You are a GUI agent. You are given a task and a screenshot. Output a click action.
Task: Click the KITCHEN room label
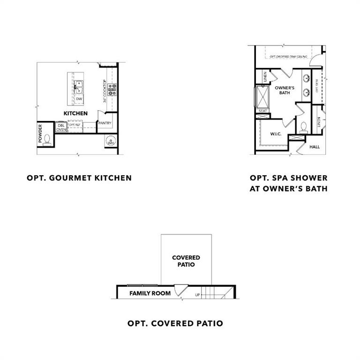[x=75, y=113]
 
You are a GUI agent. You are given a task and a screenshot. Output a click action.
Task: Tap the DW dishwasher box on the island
[x=79, y=99]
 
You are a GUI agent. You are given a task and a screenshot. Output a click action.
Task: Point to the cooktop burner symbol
[x=112, y=89]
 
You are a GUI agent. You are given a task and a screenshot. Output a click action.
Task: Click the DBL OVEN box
[x=61, y=127]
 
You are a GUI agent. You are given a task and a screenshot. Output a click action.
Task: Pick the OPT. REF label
[x=75, y=125]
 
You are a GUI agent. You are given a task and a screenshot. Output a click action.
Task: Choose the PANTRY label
[x=105, y=123]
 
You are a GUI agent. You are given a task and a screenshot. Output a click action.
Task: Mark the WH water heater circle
[x=111, y=141]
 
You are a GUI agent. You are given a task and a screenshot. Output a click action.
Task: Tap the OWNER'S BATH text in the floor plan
[x=284, y=90]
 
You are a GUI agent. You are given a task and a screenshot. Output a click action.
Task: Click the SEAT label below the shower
[x=262, y=111]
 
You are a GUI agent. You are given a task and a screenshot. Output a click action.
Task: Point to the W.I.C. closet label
[x=275, y=134]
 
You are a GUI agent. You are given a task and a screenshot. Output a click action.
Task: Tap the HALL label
[x=315, y=147]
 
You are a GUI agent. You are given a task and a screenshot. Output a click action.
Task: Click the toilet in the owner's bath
[x=303, y=127]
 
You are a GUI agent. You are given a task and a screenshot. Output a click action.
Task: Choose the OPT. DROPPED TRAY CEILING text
[x=289, y=56]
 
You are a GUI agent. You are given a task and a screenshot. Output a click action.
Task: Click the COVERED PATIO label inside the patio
[x=186, y=261]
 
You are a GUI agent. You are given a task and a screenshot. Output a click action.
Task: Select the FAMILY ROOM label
[x=150, y=293]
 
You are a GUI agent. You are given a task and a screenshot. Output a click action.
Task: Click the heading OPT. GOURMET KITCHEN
[x=79, y=178]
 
